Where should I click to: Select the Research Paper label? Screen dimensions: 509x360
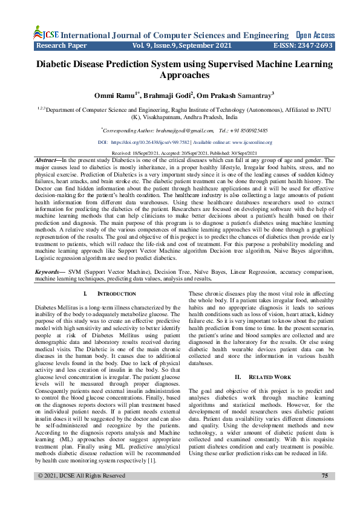click(62, 45)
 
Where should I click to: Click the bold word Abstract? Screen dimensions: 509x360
click(48, 160)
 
